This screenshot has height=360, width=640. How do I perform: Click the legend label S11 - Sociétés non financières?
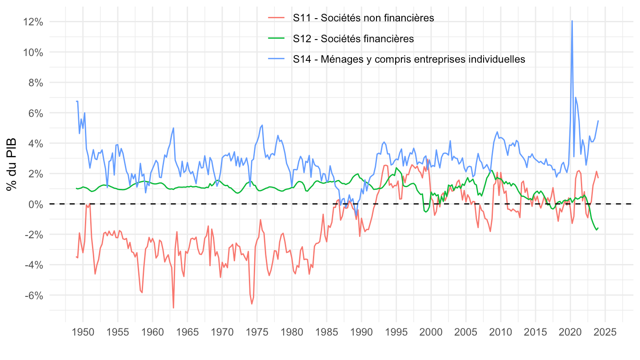[363, 18]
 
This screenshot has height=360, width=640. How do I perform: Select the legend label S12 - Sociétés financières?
[353, 39]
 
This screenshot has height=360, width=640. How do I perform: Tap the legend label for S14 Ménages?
[409, 60]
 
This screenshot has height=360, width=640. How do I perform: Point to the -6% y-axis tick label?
[34, 296]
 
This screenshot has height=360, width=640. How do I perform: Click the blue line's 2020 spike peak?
[572, 21]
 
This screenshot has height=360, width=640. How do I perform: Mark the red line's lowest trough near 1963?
[173, 308]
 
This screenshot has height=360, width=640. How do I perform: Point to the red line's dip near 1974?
[252, 304]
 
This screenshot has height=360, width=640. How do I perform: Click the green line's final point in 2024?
[598, 228]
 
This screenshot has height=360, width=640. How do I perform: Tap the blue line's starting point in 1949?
[76, 101]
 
